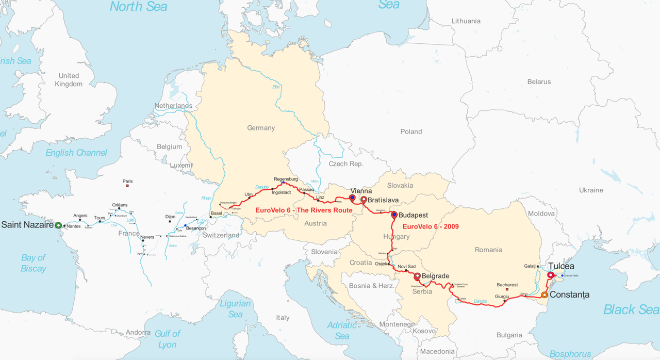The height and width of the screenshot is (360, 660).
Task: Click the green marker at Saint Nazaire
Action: coord(58,225)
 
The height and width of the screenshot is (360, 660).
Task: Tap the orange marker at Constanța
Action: coord(544,295)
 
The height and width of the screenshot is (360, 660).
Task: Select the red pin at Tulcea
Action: coord(550,275)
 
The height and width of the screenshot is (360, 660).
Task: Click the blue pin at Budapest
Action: coord(394,215)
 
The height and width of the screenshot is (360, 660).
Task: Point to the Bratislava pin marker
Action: coord(364,200)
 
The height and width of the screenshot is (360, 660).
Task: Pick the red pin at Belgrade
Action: coord(417,276)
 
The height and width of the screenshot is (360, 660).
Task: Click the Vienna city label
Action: coord(361,191)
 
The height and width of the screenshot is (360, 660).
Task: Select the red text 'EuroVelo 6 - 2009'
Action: coord(430,226)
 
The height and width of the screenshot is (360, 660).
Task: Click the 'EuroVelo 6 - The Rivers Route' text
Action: coord(304,210)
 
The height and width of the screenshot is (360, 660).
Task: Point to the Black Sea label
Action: coord(631,309)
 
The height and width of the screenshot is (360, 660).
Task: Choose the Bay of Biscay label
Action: coord(34,263)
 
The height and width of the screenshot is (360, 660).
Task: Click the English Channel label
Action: coord(76,153)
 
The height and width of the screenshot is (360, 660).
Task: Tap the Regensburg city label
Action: coord(286,179)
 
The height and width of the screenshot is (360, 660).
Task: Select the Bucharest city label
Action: coord(507,285)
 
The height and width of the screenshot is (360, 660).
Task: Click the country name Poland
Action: coord(411,132)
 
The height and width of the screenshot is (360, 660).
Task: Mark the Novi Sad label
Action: coord(407,266)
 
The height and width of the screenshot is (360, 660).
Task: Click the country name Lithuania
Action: coord(466,21)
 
